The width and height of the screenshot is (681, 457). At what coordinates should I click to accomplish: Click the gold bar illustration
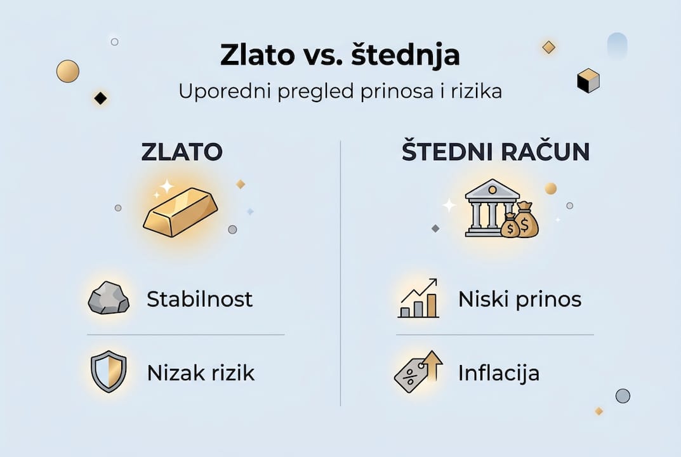180,211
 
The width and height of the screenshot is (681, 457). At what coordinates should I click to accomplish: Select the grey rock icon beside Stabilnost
109,298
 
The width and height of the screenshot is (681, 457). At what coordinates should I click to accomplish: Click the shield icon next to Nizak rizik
109,372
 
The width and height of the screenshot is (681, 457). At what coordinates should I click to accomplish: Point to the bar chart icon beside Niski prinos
418,298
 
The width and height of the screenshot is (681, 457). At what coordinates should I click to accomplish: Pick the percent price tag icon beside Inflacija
418,372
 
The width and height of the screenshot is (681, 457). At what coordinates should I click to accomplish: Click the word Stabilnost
200,298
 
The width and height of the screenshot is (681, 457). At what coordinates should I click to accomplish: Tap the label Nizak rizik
201,373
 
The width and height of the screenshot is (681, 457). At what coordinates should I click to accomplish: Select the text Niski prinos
520,298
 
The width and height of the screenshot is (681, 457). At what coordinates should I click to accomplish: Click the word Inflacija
499,373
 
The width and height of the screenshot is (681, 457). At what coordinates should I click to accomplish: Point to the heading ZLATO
182,152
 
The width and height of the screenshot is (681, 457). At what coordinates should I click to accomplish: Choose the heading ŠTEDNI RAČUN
496,152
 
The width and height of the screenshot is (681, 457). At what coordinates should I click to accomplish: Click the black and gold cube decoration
588,81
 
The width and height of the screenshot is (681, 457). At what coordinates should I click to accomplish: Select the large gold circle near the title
68,71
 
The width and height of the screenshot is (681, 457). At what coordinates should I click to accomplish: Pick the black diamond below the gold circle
100,98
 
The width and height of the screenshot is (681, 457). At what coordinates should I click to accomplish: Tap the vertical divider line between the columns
341,273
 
